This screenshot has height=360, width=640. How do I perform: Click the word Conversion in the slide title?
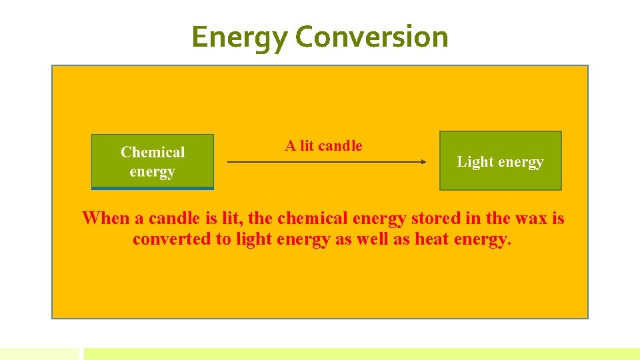(371, 37)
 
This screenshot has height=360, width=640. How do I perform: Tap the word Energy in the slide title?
(239, 37)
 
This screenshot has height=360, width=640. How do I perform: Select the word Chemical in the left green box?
(153, 153)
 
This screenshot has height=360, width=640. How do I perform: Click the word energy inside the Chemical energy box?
(152, 172)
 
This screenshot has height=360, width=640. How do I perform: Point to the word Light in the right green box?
(473, 161)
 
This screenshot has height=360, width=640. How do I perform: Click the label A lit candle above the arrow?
(323, 145)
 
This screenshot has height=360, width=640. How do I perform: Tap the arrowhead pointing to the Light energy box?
(423, 161)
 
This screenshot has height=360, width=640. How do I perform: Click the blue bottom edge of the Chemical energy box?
(153, 188)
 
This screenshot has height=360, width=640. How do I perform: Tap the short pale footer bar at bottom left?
(39, 353)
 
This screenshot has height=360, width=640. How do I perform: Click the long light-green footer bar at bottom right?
(361, 353)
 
